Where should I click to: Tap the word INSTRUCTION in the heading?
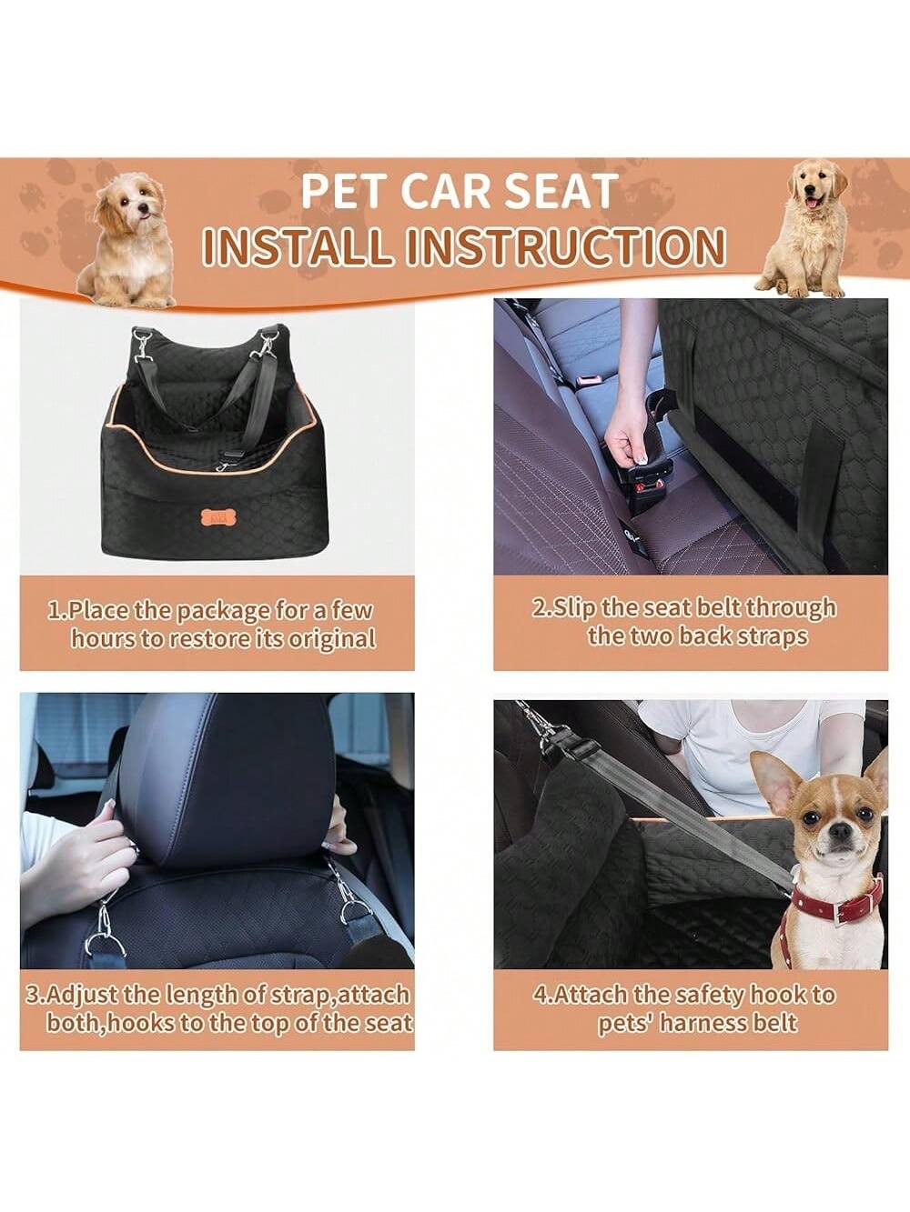tap(565, 246)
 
